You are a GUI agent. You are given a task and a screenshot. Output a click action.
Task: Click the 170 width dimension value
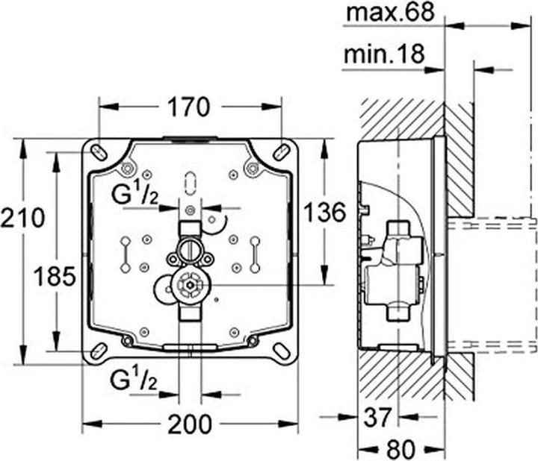(x=188, y=107)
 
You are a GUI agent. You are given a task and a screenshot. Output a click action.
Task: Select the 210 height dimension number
(x=22, y=217)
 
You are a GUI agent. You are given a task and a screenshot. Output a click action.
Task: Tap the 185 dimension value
(x=55, y=276)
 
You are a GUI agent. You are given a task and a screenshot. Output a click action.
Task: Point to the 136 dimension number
(x=324, y=212)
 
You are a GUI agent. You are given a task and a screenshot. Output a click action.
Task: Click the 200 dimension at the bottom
(x=190, y=424)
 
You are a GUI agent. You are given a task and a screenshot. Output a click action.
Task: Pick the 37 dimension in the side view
(x=377, y=417)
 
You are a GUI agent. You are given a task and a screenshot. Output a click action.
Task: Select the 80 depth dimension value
(x=401, y=449)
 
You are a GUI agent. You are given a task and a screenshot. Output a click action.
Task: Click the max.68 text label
(x=391, y=13)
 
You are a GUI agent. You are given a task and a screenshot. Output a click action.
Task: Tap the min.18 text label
(x=384, y=54)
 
